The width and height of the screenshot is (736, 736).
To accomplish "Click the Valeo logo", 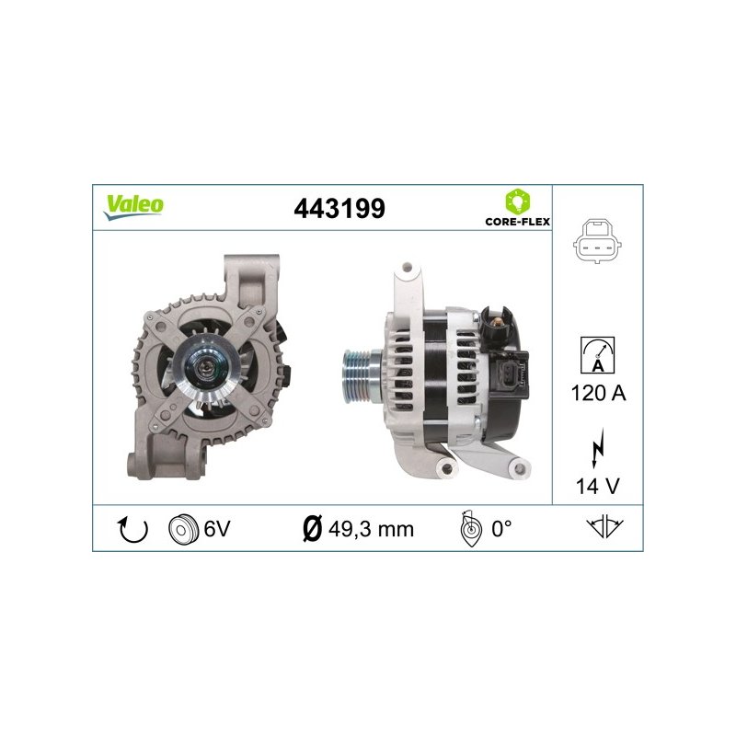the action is tap(133, 207).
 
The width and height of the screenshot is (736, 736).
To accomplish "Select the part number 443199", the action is tap(339, 209).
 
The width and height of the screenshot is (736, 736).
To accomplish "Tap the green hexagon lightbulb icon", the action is tap(518, 201).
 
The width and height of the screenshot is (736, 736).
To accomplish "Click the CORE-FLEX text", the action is tap(518, 222).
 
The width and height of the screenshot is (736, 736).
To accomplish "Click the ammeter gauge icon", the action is tap(597, 355).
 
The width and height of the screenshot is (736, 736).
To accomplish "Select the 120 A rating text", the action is tap(599, 393).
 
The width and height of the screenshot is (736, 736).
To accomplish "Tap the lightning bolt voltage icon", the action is tap(597, 448).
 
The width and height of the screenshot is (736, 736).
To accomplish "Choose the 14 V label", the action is tap(597, 487).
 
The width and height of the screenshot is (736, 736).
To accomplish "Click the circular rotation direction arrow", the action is tap(132, 530).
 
